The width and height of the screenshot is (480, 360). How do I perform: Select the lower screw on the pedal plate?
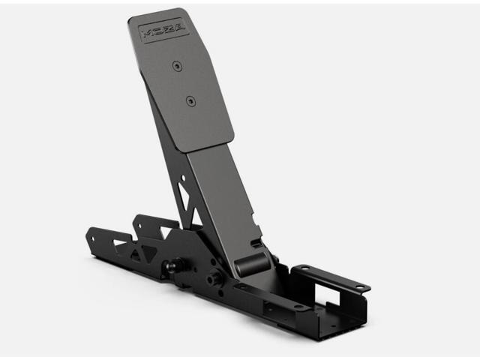(191, 99)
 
